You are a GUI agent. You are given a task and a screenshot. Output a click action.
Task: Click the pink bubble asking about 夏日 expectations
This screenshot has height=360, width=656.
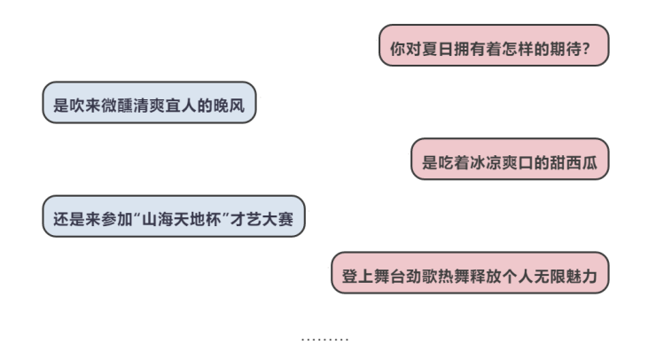[494, 46]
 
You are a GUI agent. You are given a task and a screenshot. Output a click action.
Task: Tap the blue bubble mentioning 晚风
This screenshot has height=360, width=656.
[149, 104]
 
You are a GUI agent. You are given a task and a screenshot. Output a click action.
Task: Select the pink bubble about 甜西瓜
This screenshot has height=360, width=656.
[510, 160]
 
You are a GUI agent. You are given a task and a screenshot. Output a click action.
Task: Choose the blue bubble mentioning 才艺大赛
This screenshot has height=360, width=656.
[173, 217]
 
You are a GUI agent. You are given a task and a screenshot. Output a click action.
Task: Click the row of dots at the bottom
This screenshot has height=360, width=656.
[324, 338]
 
